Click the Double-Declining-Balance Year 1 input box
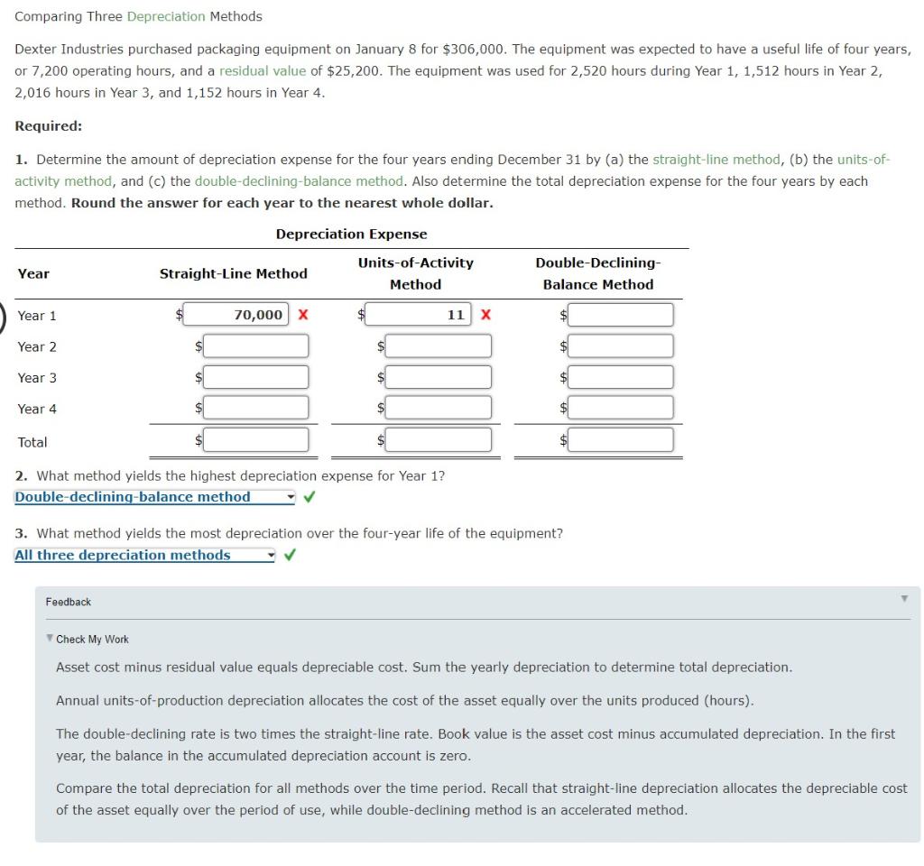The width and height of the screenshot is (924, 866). point(621,315)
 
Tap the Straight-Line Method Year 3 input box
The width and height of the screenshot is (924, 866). point(256,377)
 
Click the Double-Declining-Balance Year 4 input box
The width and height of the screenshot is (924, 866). point(621,409)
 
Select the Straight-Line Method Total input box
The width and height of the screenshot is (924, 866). point(256,440)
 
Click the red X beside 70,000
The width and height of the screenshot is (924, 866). point(303,315)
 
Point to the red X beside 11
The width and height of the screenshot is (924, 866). point(485,315)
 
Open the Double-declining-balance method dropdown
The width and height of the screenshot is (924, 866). point(154,497)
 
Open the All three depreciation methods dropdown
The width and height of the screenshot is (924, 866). point(144,556)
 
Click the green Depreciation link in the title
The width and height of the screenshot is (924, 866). point(166,16)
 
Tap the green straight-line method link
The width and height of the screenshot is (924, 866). point(716,160)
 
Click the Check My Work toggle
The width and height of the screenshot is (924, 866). point(91,639)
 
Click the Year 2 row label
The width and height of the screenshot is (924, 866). point(37,346)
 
